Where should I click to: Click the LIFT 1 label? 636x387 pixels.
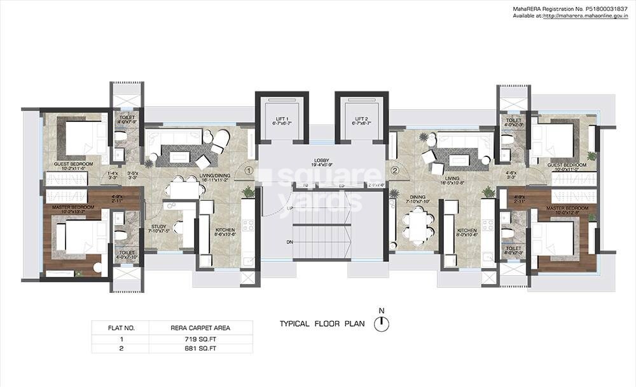point(282,119)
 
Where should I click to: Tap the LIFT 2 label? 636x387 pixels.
point(362,119)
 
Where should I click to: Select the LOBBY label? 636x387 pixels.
point(321,161)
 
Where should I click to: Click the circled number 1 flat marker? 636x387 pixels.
point(249,170)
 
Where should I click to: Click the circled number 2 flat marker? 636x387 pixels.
point(395,170)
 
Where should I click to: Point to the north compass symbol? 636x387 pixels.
point(382,324)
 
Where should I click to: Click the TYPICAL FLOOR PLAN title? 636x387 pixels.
point(322,324)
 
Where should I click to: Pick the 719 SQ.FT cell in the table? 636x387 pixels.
point(200,339)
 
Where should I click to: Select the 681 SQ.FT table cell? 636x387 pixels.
point(200,348)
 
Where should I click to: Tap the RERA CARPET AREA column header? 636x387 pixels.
point(200,329)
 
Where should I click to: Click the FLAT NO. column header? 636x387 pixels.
point(121,329)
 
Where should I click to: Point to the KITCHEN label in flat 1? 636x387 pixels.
point(226,229)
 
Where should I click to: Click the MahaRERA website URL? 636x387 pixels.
point(584,16)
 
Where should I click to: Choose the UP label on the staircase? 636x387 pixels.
point(290,208)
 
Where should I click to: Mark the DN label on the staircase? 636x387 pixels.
point(290,242)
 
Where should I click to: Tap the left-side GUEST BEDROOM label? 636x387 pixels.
point(73,164)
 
